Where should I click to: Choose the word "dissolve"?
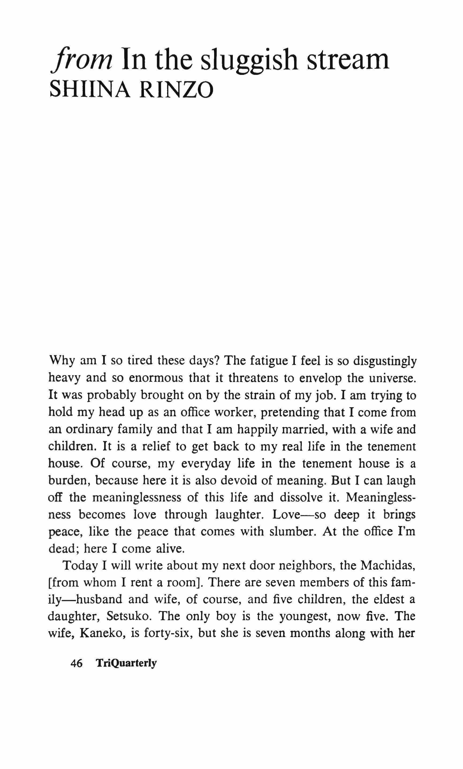(x=301, y=497)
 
